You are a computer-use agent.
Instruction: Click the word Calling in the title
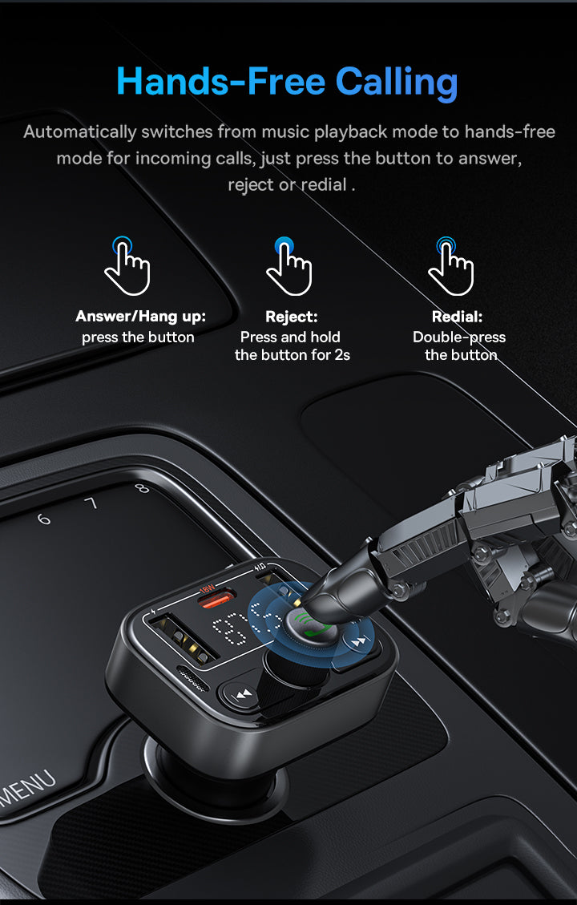click(397, 82)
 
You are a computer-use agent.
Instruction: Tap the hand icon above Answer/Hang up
click(127, 265)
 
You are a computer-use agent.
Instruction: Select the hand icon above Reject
click(288, 265)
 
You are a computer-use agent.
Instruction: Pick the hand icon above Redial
click(450, 265)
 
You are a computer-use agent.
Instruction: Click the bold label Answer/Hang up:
click(140, 317)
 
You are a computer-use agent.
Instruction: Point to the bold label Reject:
click(292, 317)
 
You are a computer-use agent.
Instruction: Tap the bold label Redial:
click(457, 317)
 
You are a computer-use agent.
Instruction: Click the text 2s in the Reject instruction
click(342, 354)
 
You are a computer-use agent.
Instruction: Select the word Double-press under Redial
click(459, 337)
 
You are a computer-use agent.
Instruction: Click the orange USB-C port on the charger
click(217, 598)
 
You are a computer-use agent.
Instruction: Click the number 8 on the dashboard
click(142, 489)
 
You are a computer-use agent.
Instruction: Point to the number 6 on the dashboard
click(44, 519)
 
